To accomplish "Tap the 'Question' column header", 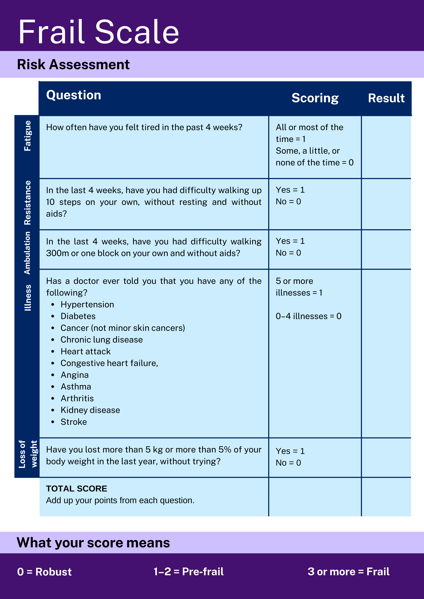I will tap(74, 95).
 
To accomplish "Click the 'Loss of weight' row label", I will tap(28, 454).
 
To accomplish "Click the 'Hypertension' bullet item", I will tap(87, 304).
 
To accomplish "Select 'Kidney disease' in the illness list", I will tap(90, 410).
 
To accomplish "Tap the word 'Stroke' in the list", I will tap(74, 422).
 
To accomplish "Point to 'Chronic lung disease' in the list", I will tap(102, 340).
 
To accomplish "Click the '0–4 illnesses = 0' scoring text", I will tap(309, 316).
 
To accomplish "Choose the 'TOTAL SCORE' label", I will tap(77, 489).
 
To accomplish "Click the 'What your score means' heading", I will tap(93, 543).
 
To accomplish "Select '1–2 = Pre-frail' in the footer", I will tap(188, 572).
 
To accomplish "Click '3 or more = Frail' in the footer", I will tap(348, 572).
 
